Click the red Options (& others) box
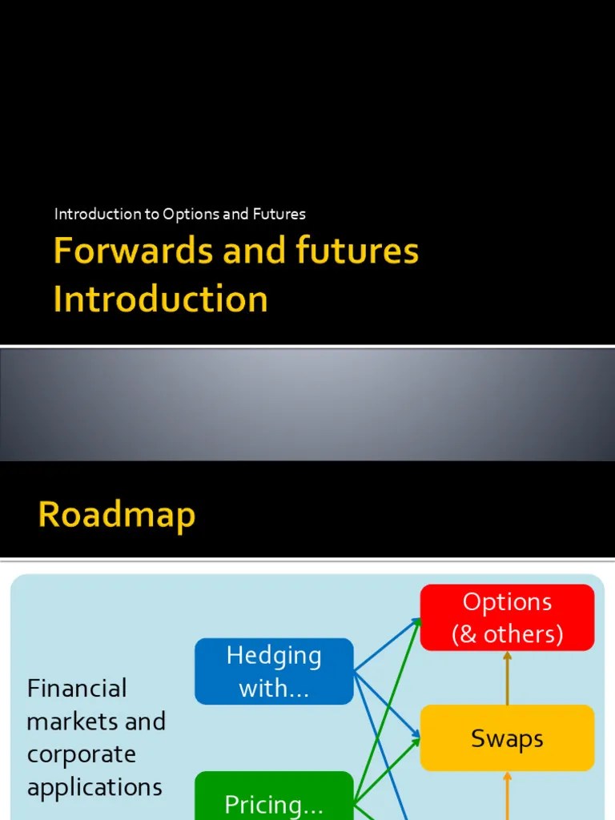pyautogui.click(x=507, y=617)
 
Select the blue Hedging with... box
pyautogui.click(x=274, y=671)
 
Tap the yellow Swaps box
pyautogui.click(x=507, y=738)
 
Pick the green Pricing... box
pyautogui.click(x=274, y=798)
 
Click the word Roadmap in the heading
pyautogui.click(x=116, y=515)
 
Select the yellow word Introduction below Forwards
pyautogui.click(x=160, y=299)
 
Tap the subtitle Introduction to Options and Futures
pyautogui.click(x=179, y=214)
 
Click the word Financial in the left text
pyautogui.click(x=77, y=688)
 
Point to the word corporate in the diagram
pyautogui.click(x=80, y=754)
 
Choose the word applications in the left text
pyautogui.click(x=94, y=787)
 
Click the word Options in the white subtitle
pyautogui.click(x=194, y=214)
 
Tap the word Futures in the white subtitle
pyautogui.click(x=280, y=214)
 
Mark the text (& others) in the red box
pyautogui.click(x=507, y=634)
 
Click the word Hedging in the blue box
pyautogui.click(x=274, y=655)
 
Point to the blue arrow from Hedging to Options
pyautogui.click(x=388, y=645)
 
